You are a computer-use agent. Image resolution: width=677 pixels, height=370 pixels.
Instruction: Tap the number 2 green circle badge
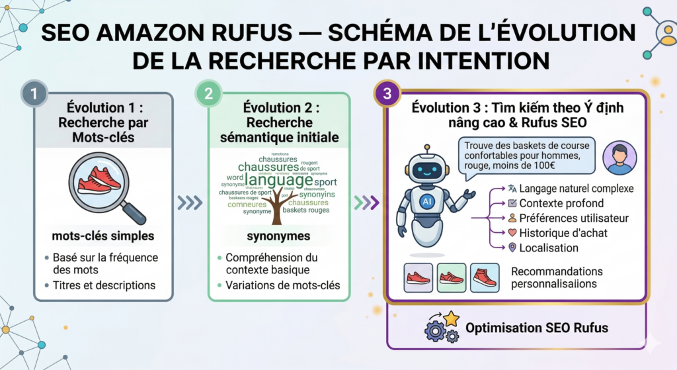pos(208,93)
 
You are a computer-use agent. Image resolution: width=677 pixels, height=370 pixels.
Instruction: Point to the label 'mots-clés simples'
pos(103,236)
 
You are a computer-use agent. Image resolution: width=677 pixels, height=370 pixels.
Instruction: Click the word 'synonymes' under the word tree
pos(278,236)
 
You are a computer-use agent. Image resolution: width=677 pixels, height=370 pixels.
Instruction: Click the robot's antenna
pos(427,150)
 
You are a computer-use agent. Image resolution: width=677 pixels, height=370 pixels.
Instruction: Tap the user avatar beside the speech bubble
pos(621,158)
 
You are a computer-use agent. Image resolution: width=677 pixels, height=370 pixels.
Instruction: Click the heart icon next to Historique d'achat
pos(511,233)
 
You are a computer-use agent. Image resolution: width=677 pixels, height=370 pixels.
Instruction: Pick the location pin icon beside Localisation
pos(511,248)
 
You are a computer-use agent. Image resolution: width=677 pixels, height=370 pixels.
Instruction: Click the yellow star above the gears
pos(451,319)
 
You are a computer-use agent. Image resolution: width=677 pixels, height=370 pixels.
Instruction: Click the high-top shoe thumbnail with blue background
pos(485,278)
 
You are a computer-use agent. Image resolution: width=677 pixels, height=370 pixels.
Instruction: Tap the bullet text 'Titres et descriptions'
pos(104,285)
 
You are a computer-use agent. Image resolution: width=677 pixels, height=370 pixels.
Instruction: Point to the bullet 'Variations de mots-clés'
pos(282,285)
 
